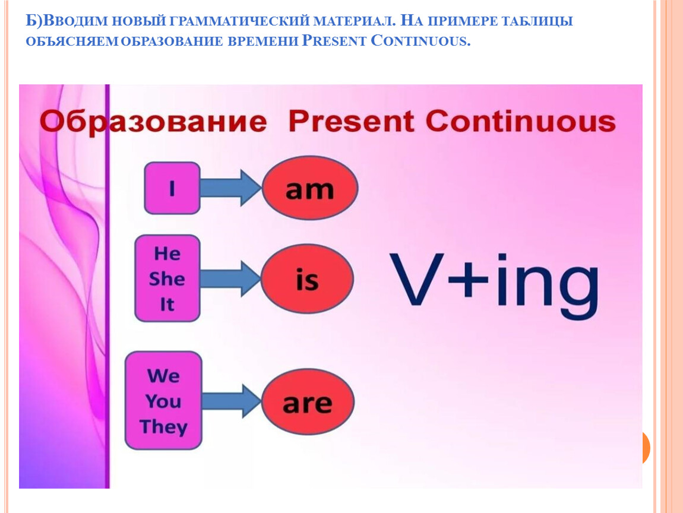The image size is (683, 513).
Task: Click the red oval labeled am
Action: pyautogui.click(x=309, y=188)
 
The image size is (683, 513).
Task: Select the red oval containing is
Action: pyautogui.click(x=307, y=278)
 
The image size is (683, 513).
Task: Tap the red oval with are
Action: pyautogui.click(x=308, y=402)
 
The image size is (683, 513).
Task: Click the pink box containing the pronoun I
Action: pyautogui.click(x=172, y=188)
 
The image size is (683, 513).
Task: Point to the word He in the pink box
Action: pyautogui.click(x=167, y=254)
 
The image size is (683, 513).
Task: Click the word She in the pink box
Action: pyautogui.click(x=167, y=278)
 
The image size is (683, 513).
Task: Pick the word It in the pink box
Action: pyautogui.click(x=167, y=305)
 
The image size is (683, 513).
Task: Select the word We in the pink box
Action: pyautogui.click(x=163, y=376)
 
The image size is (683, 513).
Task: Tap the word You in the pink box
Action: pyautogui.click(x=163, y=401)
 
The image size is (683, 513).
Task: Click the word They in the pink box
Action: pyautogui.click(x=163, y=427)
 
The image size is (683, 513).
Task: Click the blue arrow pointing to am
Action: pyautogui.click(x=231, y=188)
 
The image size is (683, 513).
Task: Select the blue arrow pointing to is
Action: pyautogui.click(x=230, y=278)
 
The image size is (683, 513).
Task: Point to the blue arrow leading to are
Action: pyautogui.click(x=231, y=401)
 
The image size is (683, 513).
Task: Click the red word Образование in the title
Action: pyautogui.click(x=153, y=122)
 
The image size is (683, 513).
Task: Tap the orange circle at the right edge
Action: pyautogui.click(x=646, y=448)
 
